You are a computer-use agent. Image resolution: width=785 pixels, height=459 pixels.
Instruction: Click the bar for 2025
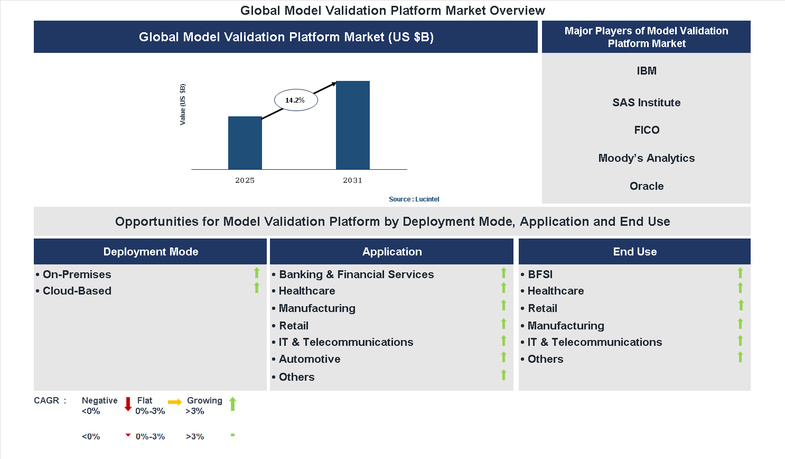245,143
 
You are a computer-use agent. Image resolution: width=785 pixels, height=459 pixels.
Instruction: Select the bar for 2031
352,125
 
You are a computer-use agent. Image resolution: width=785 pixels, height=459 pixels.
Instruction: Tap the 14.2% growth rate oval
295,100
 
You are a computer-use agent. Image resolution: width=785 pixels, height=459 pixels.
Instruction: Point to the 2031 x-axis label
352,180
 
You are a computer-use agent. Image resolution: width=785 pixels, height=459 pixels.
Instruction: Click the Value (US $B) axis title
183,104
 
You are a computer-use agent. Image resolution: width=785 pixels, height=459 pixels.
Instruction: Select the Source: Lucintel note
414,199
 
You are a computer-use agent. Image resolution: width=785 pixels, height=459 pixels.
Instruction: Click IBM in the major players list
646,71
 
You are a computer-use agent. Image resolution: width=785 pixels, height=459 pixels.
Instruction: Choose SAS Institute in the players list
646,103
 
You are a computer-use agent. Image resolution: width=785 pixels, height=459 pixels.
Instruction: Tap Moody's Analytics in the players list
646,158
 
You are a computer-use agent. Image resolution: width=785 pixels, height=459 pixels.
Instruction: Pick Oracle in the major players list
646,186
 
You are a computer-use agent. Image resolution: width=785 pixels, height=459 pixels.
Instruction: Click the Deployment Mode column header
151,252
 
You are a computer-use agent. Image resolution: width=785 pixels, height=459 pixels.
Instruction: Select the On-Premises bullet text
77,274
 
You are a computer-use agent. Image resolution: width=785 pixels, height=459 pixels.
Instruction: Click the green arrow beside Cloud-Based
257,288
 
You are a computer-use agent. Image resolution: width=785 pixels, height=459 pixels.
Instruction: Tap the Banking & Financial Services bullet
356,274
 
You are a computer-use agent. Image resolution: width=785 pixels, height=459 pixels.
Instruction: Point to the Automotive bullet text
310,359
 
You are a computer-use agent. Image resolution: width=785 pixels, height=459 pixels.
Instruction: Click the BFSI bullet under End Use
540,274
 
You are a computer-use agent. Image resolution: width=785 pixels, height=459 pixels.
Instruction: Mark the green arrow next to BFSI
740,273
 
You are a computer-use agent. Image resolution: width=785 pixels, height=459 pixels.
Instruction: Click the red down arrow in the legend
128,404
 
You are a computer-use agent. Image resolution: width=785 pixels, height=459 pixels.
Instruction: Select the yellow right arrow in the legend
175,402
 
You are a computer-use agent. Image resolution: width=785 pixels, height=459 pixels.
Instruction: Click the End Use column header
634,252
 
